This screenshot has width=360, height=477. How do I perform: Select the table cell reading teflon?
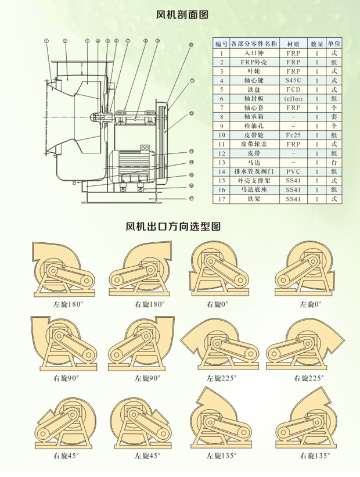point(294,99)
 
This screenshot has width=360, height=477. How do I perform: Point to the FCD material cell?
point(294,89)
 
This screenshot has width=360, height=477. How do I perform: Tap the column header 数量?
point(317,44)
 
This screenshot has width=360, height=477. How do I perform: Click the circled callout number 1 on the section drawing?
point(45,41)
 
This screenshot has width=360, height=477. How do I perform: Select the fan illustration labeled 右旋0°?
point(217,271)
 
